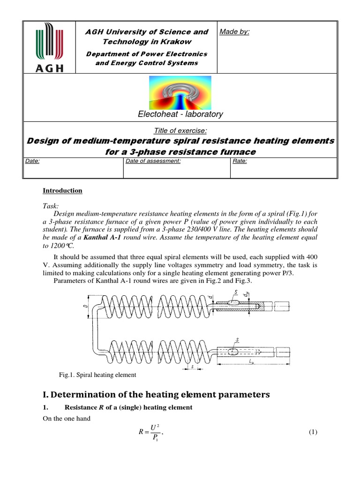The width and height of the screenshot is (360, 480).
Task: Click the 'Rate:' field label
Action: (x=240, y=161)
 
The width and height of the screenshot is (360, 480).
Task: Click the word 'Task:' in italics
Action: (x=51, y=206)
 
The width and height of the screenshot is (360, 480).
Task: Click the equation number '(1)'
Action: (x=313, y=432)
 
